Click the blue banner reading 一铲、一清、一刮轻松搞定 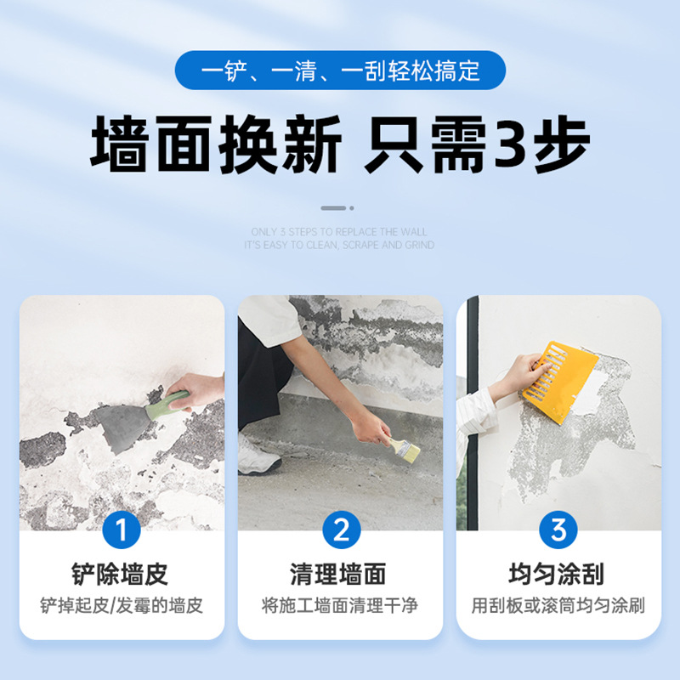pyautogui.click(x=340, y=70)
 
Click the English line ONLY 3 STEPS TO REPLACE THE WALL pyautogui.click(x=339, y=232)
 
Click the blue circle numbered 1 pyautogui.click(x=121, y=530)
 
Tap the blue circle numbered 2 pyautogui.click(x=341, y=530)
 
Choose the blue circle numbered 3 pyautogui.click(x=558, y=530)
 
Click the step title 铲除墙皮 pyautogui.click(x=121, y=574)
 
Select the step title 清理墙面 pyautogui.click(x=340, y=574)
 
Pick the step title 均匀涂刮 pyautogui.click(x=558, y=574)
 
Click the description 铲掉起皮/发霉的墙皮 pyautogui.click(x=122, y=606)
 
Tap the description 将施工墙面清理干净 pyautogui.click(x=340, y=606)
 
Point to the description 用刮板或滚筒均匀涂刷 pyautogui.click(x=558, y=606)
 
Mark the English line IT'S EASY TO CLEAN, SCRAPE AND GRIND pyautogui.click(x=339, y=245)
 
